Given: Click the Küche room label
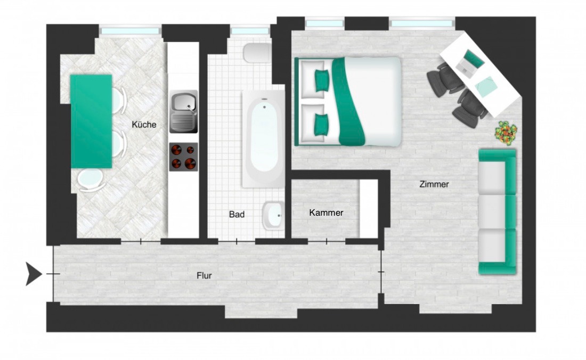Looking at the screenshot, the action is [144, 125].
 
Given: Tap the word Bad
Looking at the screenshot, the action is [237, 215].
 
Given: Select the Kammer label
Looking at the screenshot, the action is [326, 212].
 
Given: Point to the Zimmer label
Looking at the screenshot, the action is [434, 184].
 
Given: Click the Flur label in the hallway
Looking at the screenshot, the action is [204, 276].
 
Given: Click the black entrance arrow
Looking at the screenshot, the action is [34, 274].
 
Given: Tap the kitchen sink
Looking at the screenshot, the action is [183, 111].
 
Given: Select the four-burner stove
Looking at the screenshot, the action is [183, 157].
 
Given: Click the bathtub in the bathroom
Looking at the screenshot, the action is [264, 139].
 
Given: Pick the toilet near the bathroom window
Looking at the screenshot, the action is [257, 53].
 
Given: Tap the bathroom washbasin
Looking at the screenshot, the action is [273, 216].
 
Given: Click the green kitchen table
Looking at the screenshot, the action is [91, 121].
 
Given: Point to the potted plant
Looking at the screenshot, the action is [506, 132].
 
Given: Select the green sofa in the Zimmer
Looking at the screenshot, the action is [498, 212].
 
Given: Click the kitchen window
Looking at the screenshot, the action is [131, 31].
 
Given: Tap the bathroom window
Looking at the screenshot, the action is [250, 31].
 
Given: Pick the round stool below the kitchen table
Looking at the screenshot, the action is [91, 180].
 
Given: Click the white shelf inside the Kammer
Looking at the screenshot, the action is [369, 209].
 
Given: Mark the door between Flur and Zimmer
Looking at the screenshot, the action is [381, 272].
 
